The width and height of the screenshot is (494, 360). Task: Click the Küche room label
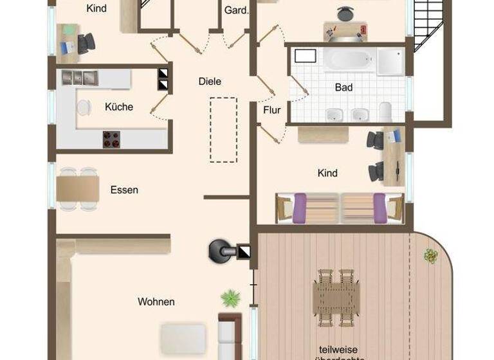(119, 107)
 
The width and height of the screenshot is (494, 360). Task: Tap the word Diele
(210, 82)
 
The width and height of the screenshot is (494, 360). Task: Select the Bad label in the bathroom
(344, 87)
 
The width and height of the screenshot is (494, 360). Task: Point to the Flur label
(272, 110)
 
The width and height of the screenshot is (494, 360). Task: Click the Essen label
(124, 190)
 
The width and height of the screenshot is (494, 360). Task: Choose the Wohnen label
(156, 301)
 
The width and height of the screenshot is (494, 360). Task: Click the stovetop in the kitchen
(111, 139)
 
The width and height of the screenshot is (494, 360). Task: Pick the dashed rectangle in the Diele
(223, 129)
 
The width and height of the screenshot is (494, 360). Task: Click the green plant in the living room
(230, 298)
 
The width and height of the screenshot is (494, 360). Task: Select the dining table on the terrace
(336, 296)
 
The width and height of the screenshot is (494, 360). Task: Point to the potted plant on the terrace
(430, 256)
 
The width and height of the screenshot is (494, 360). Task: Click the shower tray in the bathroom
(390, 60)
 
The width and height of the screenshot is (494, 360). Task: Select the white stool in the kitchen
(84, 107)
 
